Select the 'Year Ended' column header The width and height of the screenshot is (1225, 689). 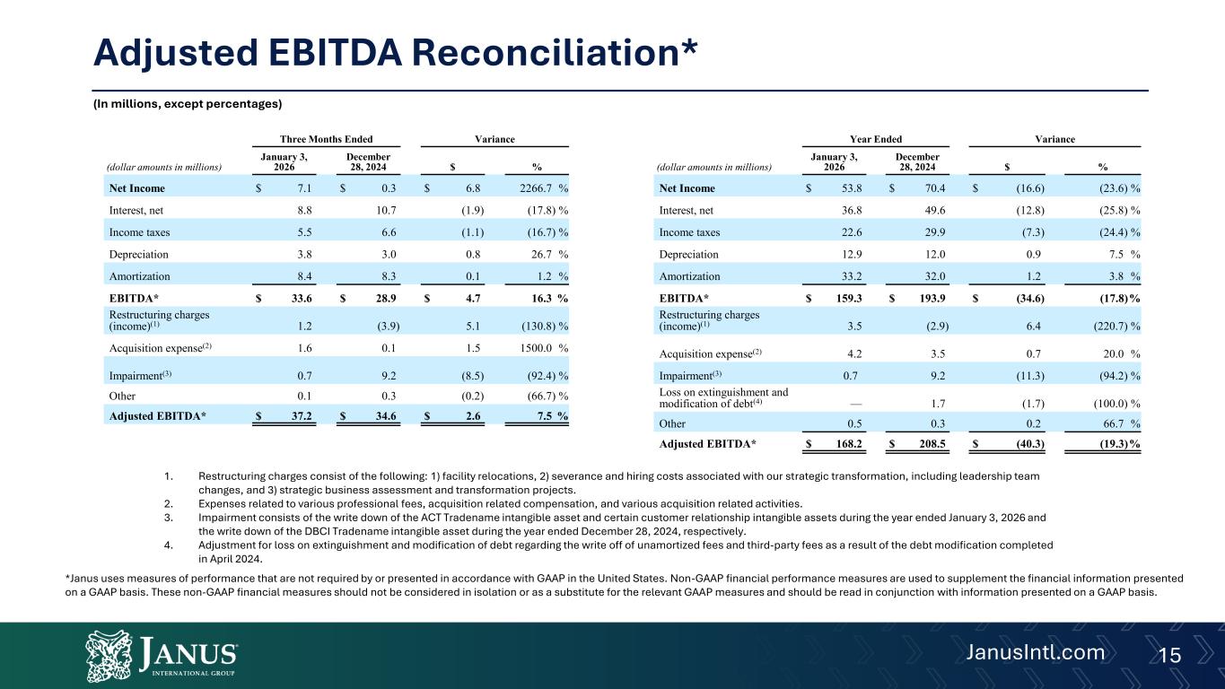click(x=876, y=139)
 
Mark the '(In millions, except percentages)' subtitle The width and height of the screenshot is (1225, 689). click(x=188, y=105)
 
